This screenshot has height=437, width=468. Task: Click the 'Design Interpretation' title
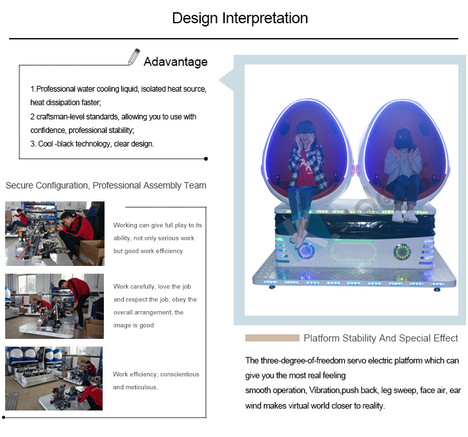click(x=240, y=19)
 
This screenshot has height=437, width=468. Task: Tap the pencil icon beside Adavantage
click(x=134, y=57)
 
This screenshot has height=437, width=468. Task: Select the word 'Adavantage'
click(x=176, y=62)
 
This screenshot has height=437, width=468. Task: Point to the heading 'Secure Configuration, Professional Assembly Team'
click(x=106, y=185)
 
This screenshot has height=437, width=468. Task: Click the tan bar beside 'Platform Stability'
click(x=272, y=338)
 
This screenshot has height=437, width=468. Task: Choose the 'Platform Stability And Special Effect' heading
click(x=381, y=338)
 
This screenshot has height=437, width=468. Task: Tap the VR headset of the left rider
click(x=305, y=127)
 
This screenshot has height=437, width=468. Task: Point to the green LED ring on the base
click(x=402, y=252)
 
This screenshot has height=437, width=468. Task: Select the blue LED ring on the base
click(x=306, y=250)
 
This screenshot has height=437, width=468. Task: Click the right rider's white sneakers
click(x=404, y=216)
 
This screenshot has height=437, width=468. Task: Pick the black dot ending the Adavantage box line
click(x=206, y=159)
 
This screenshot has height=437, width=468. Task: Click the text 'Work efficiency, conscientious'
click(x=156, y=374)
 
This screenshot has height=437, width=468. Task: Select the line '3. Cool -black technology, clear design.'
click(x=92, y=144)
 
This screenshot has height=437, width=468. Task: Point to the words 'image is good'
click(x=134, y=325)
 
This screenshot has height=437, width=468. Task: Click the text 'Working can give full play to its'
click(x=158, y=225)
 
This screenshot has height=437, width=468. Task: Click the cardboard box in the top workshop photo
click(x=92, y=252)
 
